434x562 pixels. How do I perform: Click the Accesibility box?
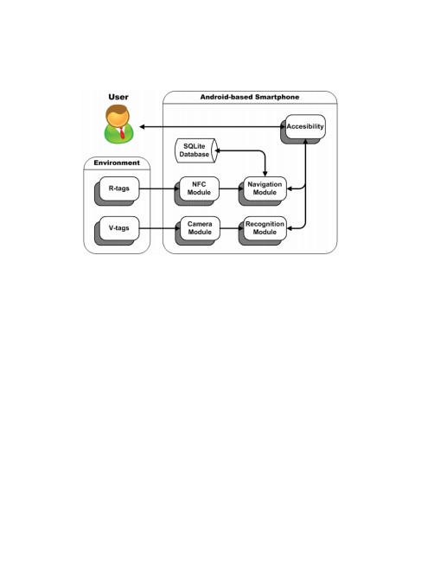click(305, 126)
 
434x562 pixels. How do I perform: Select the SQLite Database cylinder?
click(196, 150)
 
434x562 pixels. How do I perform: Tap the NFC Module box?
click(199, 188)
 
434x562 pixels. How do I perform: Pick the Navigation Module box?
click(265, 188)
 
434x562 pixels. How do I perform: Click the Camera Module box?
click(200, 228)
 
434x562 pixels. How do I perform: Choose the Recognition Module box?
click(265, 228)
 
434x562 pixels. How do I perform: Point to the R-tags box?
click(119, 188)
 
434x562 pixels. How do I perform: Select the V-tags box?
click(119, 228)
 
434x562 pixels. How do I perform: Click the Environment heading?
click(117, 163)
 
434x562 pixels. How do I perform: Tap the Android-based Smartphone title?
click(250, 97)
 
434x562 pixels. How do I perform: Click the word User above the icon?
click(118, 97)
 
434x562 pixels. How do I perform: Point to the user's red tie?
click(122, 132)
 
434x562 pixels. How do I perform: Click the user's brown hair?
click(117, 109)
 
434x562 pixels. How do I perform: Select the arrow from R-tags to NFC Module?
click(159, 188)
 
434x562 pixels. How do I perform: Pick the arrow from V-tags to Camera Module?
click(159, 228)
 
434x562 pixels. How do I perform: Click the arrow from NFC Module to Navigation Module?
click(232, 188)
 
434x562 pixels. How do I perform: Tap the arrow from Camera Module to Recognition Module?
click(232, 228)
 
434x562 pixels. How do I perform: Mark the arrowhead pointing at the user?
click(142, 127)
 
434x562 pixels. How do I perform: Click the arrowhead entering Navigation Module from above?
click(265, 174)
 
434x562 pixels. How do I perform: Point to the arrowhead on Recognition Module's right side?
click(290, 228)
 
